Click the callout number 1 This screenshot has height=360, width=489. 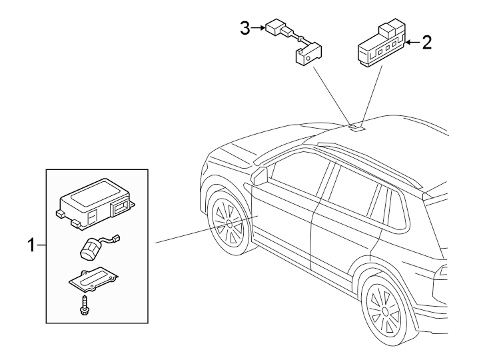click(x=31, y=245)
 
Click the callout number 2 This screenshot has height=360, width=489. click(x=427, y=42)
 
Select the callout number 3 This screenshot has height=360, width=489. click(x=245, y=29)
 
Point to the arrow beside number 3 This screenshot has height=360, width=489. click(x=258, y=28)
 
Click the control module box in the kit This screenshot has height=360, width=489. click(x=96, y=203)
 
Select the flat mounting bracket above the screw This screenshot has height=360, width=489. click(x=93, y=279)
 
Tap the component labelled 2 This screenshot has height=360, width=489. click(x=381, y=43)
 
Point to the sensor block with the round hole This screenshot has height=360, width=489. click(x=308, y=54)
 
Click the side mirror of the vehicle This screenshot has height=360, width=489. click(x=259, y=176)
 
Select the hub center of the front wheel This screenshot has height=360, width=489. click(x=230, y=223)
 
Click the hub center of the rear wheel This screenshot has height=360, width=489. click(x=384, y=311)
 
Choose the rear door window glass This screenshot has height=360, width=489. click(x=352, y=190)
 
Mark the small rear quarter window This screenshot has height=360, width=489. click(x=396, y=210)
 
